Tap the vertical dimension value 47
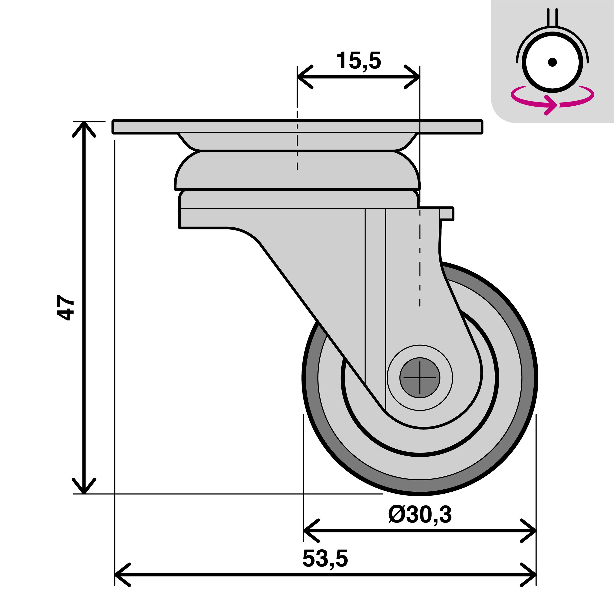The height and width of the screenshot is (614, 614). (x=65, y=307)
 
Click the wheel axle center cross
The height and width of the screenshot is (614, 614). (x=420, y=378)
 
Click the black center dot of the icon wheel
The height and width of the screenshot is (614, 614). (x=552, y=62)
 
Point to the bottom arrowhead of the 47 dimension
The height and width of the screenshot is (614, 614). (x=84, y=489)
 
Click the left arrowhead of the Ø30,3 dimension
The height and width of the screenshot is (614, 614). (x=309, y=531)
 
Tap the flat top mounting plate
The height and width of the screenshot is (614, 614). (x=297, y=126)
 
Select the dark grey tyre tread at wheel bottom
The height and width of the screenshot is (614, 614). (x=420, y=486)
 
